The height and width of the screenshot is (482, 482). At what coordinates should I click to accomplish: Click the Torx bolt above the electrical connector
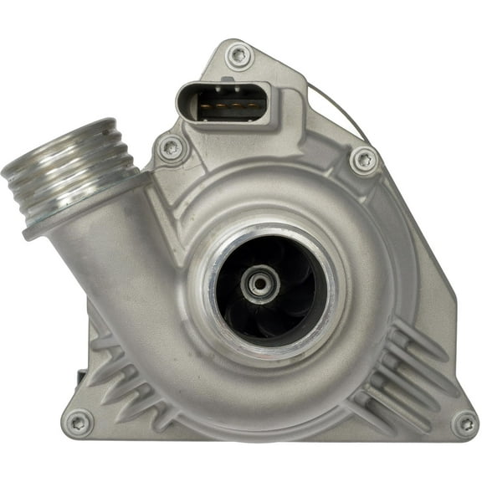tap(239, 56)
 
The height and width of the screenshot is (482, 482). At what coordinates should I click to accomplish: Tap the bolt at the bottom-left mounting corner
tap(79, 422)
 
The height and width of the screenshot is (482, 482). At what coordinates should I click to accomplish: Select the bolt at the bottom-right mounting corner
tap(464, 423)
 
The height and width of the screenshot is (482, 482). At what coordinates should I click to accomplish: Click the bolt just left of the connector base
tap(172, 149)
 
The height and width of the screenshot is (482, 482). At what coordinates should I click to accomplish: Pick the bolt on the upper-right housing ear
tap(364, 159)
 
